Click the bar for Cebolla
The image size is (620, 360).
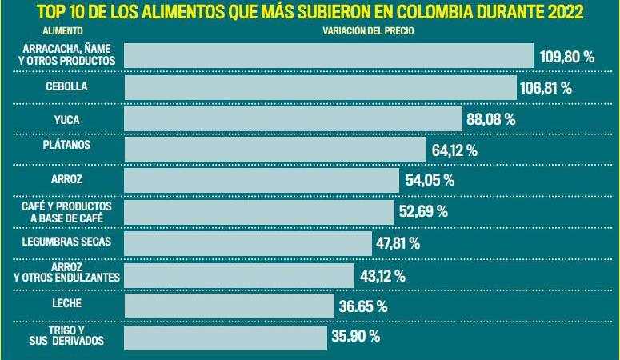[320, 87]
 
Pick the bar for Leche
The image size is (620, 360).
[229, 306]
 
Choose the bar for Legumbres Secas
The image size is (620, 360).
[248, 243]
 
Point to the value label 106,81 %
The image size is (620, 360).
[546, 88]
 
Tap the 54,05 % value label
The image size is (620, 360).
[430, 181]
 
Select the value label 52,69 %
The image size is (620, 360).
[422, 212]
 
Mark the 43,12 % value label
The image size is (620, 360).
[382, 276]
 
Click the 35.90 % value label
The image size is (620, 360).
[355, 337]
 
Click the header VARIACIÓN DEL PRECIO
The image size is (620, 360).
[368, 31]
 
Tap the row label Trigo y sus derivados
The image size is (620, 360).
[66, 336]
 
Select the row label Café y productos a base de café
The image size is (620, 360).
[66, 212]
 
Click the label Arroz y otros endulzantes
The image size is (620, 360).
[66, 272]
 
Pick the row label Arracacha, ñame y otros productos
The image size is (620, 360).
[66, 54]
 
